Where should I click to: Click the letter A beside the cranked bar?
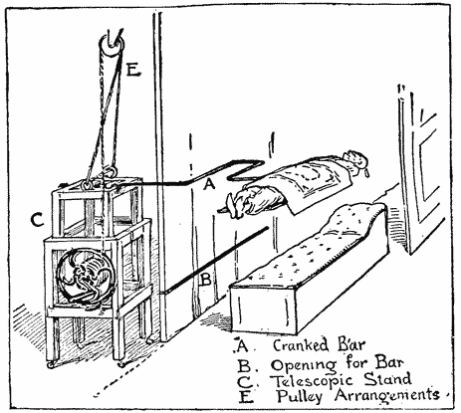pyautogui.click(x=209, y=183)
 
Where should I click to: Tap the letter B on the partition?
pyautogui.click(x=206, y=280)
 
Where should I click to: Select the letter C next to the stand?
pyautogui.click(x=37, y=220)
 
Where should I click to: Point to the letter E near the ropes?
pyautogui.click(x=133, y=70)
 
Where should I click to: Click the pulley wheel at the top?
pyautogui.click(x=111, y=46)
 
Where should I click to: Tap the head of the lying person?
pyautogui.click(x=355, y=161)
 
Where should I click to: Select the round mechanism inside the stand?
pyautogui.click(x=86, y=276)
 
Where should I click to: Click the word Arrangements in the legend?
pyautogui.click(x=387, y=395)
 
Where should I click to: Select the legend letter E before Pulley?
pyautogui.click(x=246, y=397)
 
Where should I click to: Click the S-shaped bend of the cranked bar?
pyautogui.click(x=246, y=170)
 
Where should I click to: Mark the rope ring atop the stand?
pyautogui.click(x=111, y=172)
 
